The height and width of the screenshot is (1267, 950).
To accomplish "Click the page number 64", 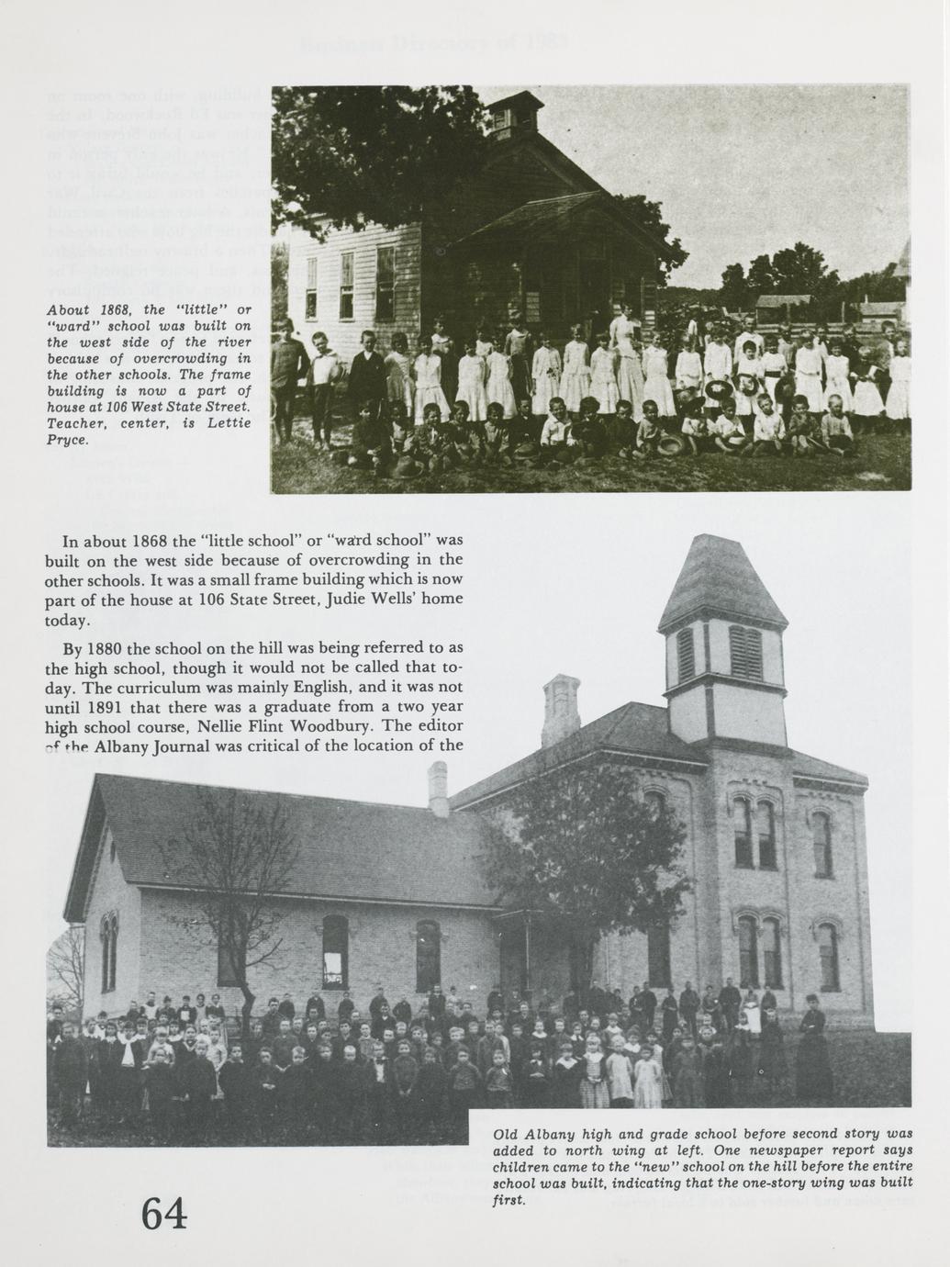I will (164, 1214).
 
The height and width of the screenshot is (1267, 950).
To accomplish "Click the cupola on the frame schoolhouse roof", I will (502, 117).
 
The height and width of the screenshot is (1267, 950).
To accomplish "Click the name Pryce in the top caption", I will (67, 440).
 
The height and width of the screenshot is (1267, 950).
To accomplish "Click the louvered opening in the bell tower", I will (745, 652).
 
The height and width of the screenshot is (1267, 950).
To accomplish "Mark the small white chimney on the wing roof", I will (438, 789).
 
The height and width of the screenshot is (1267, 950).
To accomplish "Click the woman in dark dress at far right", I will (813, 1047).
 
